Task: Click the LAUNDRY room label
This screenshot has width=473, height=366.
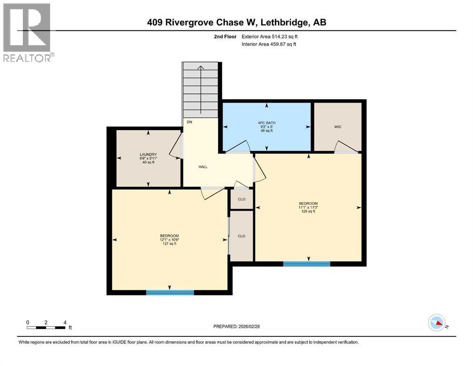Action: click(148, 154)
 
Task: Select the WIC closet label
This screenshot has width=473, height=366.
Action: click(338, 126)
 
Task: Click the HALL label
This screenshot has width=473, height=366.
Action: click(203, 167)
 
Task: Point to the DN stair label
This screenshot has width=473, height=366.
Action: click(190, 122)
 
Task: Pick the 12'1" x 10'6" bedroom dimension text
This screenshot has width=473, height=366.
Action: click(169, 240)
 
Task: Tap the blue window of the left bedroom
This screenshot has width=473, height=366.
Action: click(170, 292)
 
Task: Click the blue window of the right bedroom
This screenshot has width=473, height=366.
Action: click(307, 264)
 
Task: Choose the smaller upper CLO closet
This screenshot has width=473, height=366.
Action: click(242, 199)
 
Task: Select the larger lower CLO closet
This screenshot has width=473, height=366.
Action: click(242, 236)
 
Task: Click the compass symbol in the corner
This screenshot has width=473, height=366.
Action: click(437, 324)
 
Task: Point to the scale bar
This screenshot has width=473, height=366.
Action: click(46, 327)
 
